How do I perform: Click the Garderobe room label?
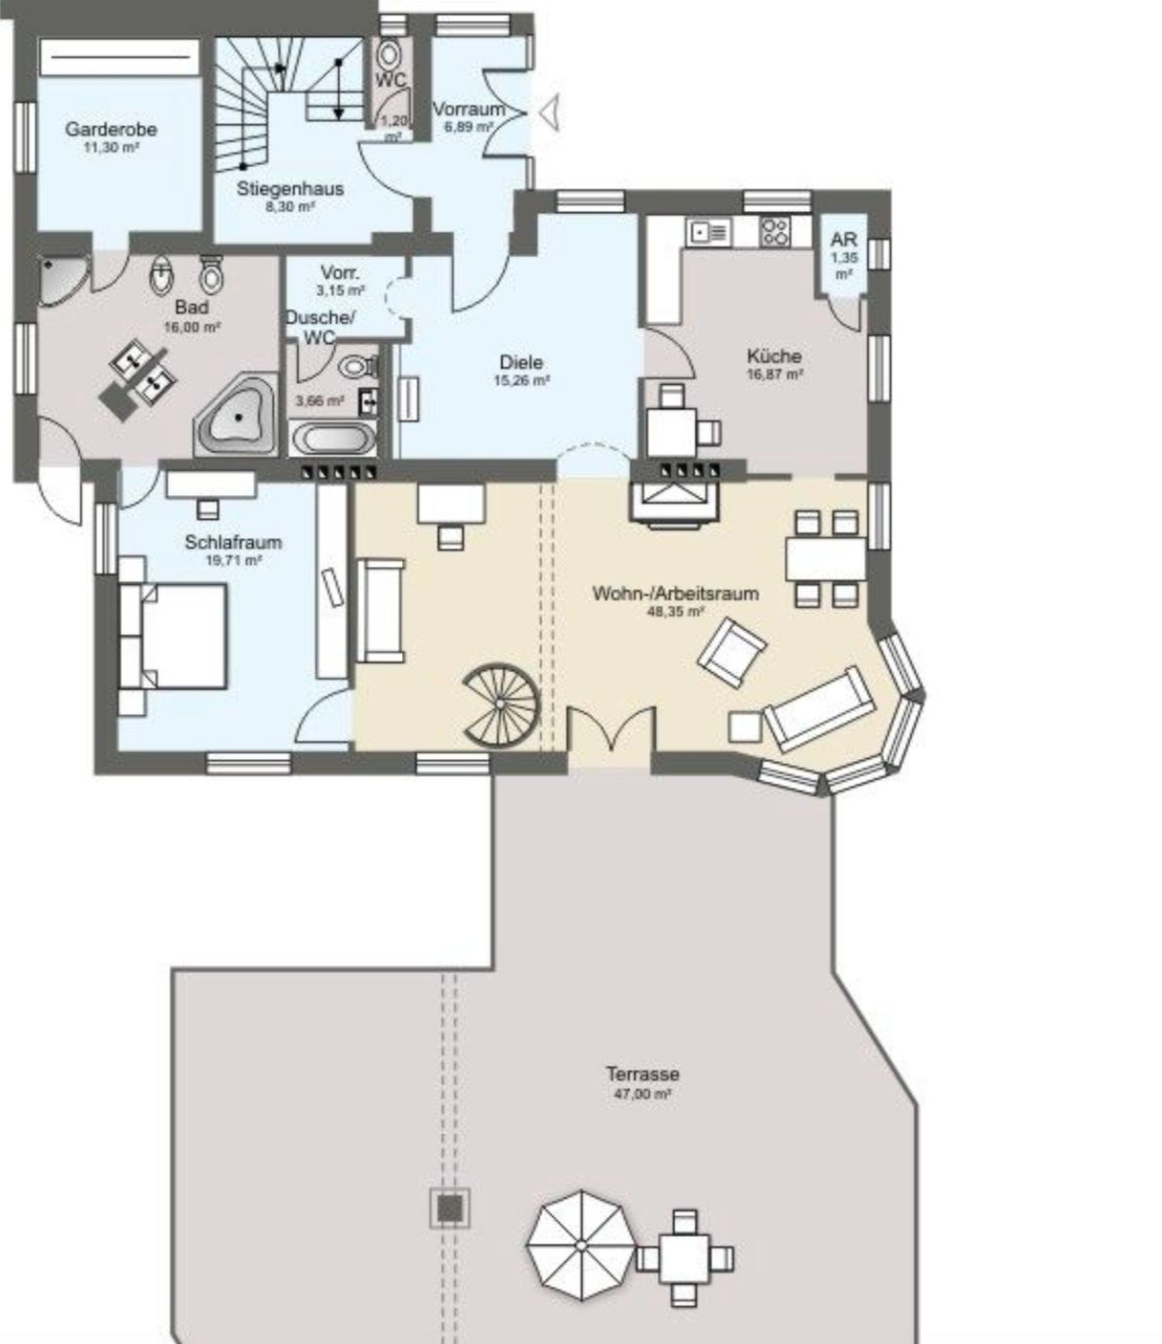click(x=111, y=129)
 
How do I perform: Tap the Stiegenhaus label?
click(x=290, y=189)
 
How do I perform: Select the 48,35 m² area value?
click(x=676, y=611)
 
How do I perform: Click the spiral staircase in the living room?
click(x=501, y=703)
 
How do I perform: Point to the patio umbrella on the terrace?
click(x=581, y=1245)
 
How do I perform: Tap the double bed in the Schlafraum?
click(x=174, y=635)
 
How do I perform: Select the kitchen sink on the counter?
click(x=708, y=232)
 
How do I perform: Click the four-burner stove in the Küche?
click(x=775, y=232)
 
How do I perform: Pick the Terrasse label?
click(x=643, y=1073)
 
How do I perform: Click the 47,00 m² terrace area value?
click(x=643, y=1094)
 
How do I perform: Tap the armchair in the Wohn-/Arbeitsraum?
click(x=731, y=652)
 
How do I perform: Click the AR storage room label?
click(x=844, y=238)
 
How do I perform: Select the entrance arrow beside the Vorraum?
click(x=549, y=112)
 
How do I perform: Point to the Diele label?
click(x=521, y=362)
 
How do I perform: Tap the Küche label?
click(x=774, y=356)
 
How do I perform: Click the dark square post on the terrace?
click(x=450, y=1208)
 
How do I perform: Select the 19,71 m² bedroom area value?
click(x=233, y=561)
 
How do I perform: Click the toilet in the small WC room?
click(x=390, y=56)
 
